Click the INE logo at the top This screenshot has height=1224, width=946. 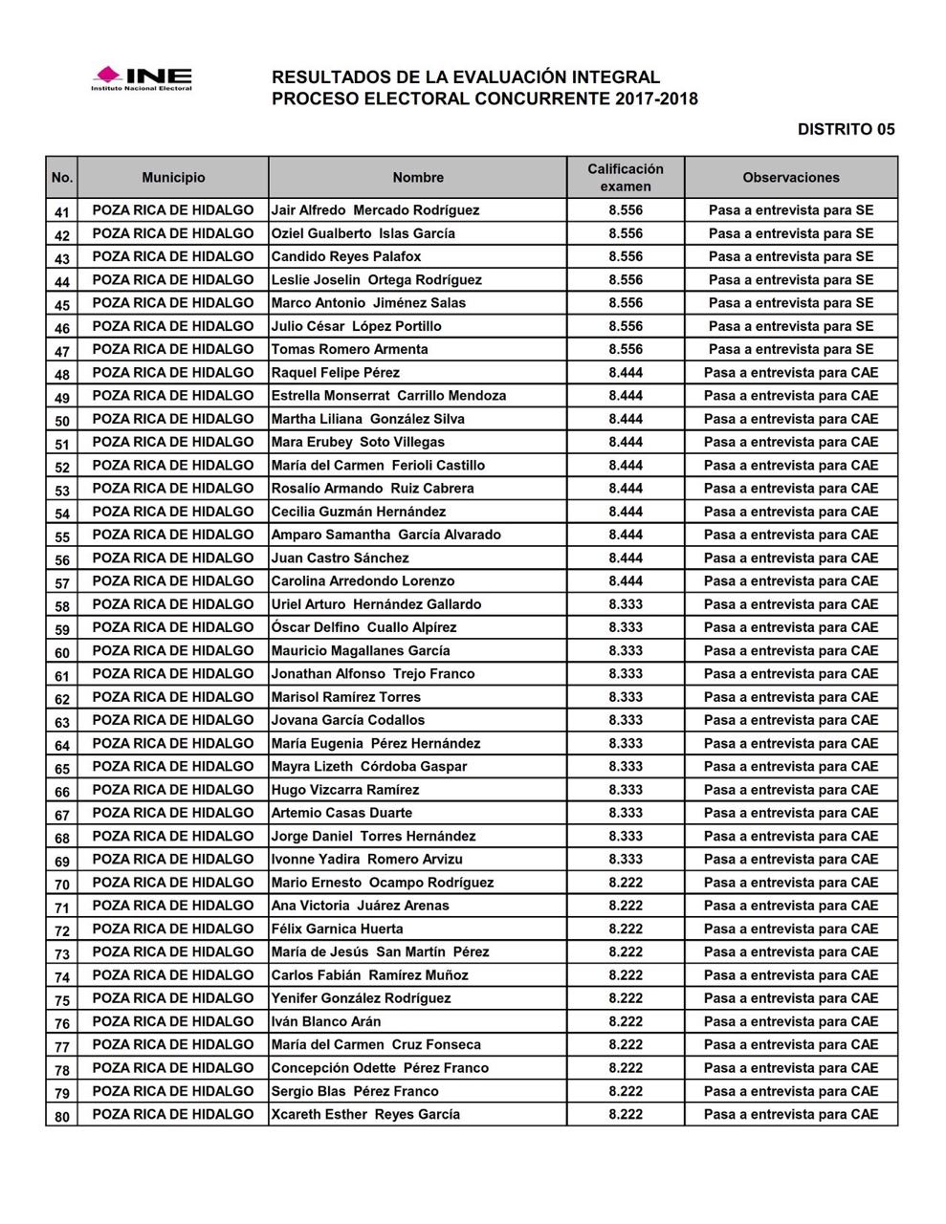click(142, 78)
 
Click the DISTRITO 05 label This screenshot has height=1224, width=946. click(846, 129)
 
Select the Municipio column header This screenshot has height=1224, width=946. click(173, 178)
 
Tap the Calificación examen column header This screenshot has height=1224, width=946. click(626, 178)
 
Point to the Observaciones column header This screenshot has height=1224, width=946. click(791, 178)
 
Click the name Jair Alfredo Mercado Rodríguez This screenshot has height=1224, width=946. click(375, 210)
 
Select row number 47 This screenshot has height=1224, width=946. click(62, 350)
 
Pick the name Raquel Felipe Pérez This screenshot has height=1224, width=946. click(336, 373)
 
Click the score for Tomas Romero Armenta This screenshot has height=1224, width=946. click(626, 350)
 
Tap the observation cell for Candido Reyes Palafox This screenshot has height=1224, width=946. click(791, 257)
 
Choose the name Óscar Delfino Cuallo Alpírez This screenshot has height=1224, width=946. click(363, 628)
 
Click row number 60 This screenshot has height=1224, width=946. click(62, 651)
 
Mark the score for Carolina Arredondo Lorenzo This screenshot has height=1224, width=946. click(626, 581)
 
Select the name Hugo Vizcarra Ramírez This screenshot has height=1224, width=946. click(345, 790)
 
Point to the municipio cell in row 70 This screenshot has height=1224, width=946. click(173, 883)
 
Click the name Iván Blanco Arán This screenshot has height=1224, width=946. click(326, 1022)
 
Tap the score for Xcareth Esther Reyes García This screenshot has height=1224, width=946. click(626, 1115)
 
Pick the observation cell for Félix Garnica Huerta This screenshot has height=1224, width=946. click(791, 929)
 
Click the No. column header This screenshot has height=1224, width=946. click(62, 178)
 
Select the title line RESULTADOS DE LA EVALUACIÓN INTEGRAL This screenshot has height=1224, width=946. click(466, 77)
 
